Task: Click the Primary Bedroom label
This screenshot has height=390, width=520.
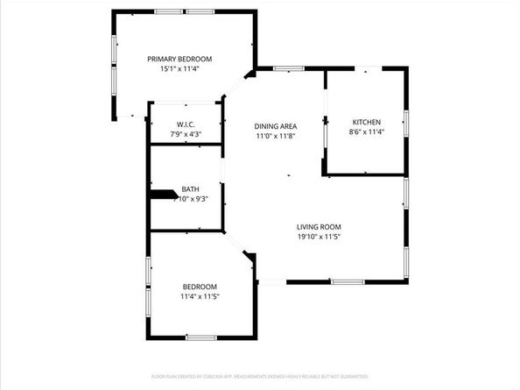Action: pos(179,59)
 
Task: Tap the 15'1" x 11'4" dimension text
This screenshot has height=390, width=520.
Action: pos(179,68)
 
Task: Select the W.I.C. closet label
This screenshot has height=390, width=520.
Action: pos(185,124)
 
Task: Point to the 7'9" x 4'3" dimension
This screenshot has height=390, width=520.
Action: pos(185,134)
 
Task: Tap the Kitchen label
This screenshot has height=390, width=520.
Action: pos(367,122)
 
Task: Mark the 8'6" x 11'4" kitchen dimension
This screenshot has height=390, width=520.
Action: pos(367,131)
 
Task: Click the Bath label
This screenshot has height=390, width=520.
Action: pos(190,189)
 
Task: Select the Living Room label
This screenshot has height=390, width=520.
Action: pos(317,227)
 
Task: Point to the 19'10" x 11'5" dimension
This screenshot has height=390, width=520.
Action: pos(317,237)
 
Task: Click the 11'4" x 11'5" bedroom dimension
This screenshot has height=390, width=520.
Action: pos(200,296)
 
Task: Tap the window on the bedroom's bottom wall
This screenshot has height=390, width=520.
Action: pos(200,337)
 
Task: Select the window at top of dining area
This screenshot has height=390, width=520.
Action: pos(288,68)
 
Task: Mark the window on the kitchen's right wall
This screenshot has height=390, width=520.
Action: pos(407,123)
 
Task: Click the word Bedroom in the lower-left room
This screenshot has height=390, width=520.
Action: pos(200,287)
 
